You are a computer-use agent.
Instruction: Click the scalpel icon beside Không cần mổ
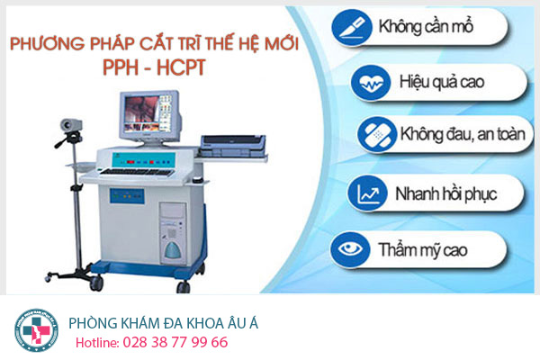tap(352, 28)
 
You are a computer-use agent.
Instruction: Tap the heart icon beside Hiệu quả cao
tap(371, 83)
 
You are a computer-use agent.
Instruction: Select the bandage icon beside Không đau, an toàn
tap(377, 134)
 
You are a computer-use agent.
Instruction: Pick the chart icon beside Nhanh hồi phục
tap(368, 193)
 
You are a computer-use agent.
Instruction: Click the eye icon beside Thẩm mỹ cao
tap(350, 249)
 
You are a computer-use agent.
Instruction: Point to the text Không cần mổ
tap(426, 27)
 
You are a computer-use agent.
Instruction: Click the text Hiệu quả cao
tap(442, 82)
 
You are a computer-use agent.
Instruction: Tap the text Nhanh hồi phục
tap(446, 194)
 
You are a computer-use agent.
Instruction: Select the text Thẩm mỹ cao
tap(423, 250)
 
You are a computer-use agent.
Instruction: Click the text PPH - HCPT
tap(154, 67)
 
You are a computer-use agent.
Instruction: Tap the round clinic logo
tap(36, 330)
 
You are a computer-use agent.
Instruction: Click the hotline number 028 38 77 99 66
tap(175, 342)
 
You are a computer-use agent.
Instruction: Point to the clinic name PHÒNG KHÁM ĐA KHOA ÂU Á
tap(163, 323)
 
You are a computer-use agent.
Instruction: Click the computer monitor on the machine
tap(150, 117)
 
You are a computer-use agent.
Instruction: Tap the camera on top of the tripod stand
tap(71, 124)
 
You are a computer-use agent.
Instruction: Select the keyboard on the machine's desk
tap(137, 172)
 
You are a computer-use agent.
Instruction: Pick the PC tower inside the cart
tap(174, 233)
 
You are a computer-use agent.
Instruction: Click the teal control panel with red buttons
tap(144, 161)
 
